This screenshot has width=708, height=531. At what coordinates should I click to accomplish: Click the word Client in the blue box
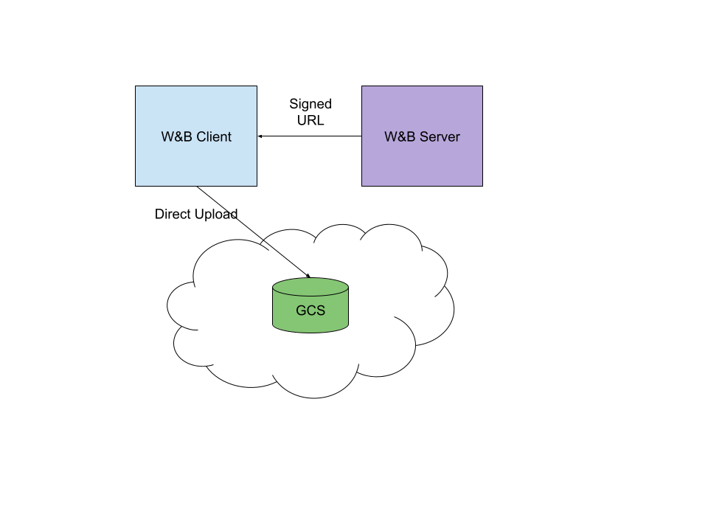click(x=214, y=136)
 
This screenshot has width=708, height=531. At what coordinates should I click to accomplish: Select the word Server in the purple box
click(x=440, y=136)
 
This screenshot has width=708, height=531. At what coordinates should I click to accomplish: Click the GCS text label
click(x=310, y=310)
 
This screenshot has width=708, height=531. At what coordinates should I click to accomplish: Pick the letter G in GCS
click(x=301, y=310)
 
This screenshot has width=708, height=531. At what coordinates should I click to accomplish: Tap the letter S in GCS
click(x=320, y=310)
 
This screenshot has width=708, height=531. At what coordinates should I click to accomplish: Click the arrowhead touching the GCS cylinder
click(x=308, y=277)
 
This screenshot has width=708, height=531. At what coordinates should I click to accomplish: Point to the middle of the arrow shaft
click(x=286, y=259)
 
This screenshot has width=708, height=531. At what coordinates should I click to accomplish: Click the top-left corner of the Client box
click(x=136, y=87)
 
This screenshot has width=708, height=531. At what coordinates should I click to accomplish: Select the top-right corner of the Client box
click(x=256, y=87)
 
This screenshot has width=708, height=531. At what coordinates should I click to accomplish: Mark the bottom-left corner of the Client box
click(x=136, y=185)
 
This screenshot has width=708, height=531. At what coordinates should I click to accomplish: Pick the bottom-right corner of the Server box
click(x=482, y=185)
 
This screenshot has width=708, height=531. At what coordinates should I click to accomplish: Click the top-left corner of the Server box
click(x=362, y=87)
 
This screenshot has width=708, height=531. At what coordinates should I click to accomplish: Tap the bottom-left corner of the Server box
click(x=362, y=185)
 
